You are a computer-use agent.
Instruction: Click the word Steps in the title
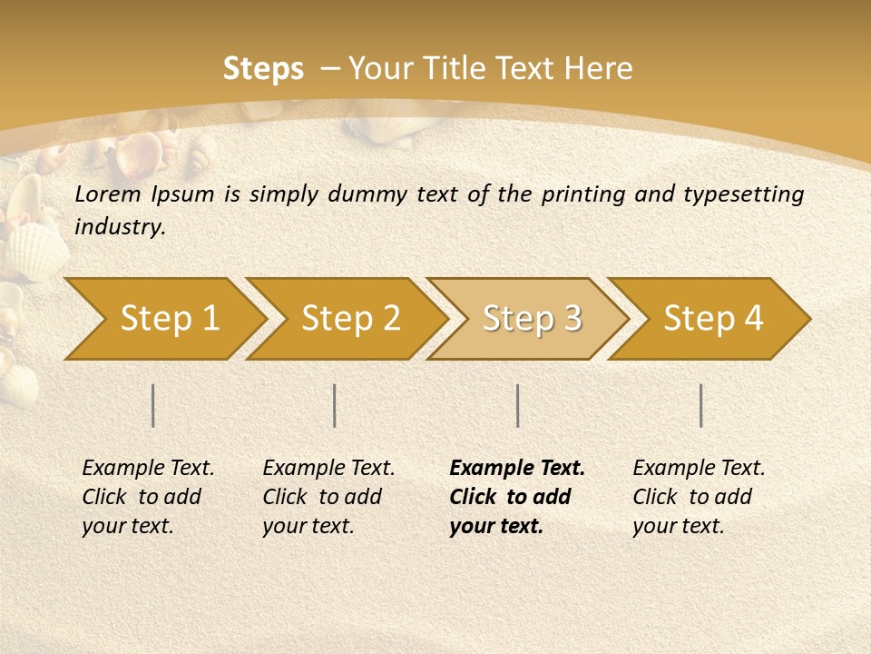coord(263,69)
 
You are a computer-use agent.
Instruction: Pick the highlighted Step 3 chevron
coord(532,319)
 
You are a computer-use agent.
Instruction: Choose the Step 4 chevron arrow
coord(713,319)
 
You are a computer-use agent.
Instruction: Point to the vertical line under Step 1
coord(153,405)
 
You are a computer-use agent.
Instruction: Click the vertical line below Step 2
coord(335,405)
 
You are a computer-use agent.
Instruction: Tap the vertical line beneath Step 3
coord(518,405)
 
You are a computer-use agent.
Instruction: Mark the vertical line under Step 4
coord(701,405)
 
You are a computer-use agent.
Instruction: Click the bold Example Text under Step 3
coord(516,497)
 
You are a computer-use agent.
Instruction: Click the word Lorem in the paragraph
coord(108,194)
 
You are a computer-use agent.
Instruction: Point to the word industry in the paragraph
coord(120,227)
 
